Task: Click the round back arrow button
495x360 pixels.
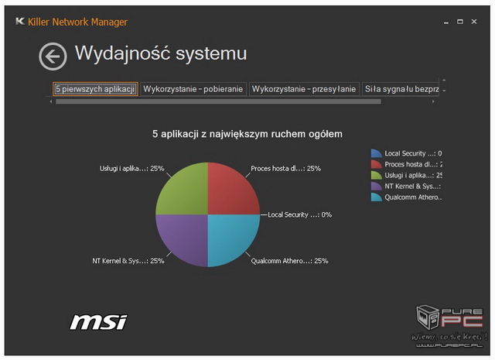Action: (x=53, y=57)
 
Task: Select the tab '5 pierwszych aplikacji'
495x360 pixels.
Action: (x=95, y=89)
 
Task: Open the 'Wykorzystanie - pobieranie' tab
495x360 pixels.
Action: (x=193, y=89)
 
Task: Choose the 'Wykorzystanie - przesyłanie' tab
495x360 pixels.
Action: (x=304, y=89)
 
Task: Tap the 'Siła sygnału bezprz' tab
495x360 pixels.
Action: (x=401, y=89)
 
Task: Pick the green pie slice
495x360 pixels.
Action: (x=184, y=191)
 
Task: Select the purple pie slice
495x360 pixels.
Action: (x=184, y=238)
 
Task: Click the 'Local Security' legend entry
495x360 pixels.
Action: (x=406, y=153)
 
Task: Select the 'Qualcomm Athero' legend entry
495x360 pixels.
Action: (x=406, y=197)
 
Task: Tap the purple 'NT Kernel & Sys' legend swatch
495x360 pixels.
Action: (x=377, y=186)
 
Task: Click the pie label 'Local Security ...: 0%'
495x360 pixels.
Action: (x=299, y=215)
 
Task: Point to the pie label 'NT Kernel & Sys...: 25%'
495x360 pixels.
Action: (x=128, y=261)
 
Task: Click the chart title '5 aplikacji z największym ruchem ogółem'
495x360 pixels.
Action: (x=247, y=134)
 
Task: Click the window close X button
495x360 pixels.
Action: (x=474, y=22)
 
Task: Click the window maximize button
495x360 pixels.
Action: (x=460, y=22)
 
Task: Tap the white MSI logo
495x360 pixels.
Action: (x=98, y=322)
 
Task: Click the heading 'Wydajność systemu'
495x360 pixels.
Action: (x=161, y=53)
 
